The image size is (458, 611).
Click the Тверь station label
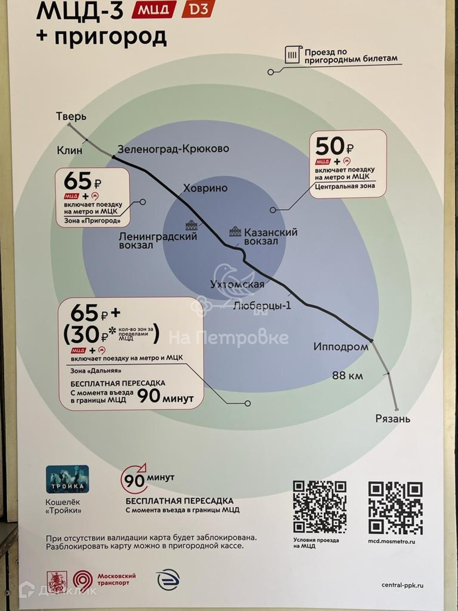point(71,116)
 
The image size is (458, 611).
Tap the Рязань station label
point(393,419)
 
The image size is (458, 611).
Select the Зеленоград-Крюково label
point(173,149)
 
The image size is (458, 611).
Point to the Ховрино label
point(205,188)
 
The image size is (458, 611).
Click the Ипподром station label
point(341,347)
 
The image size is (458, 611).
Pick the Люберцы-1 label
point(262,305)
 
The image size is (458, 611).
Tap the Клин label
point(70,150)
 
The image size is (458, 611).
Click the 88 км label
point(347,376)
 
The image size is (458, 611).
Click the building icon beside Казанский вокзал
point(235,232)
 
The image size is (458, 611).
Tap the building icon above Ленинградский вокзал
point(191,225)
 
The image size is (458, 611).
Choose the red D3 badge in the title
point(198,9)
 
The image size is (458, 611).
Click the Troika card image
point(67,480)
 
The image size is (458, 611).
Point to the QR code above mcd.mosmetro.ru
point(395,507)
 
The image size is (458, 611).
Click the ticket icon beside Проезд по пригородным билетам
point(292,55)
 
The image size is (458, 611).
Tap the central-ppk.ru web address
point(402,585)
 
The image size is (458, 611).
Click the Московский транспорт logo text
point(116,579)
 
